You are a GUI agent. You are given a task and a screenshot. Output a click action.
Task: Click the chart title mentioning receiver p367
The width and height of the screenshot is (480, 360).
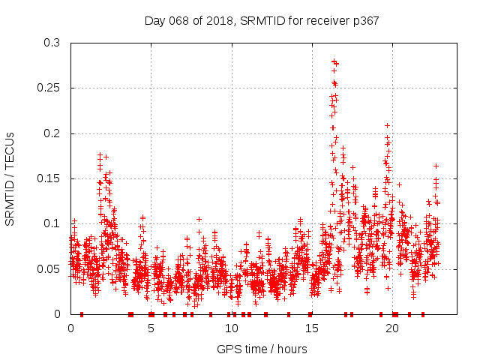pos(261,20)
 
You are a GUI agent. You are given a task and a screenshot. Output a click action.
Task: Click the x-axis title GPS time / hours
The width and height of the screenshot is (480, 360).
pos(261,349)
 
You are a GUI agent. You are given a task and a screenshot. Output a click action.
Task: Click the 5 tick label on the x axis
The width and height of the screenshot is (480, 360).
pos(151,328)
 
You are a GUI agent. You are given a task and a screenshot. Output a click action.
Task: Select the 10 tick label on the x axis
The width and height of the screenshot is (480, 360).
pos(231,328)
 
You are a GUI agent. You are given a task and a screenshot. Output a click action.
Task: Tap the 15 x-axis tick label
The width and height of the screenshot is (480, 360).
pos(311,328)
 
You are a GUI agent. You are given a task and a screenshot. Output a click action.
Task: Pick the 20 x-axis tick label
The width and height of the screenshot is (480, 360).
pos(391,328)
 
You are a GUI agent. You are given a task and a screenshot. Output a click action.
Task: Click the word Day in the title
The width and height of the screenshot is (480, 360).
pos(154,20)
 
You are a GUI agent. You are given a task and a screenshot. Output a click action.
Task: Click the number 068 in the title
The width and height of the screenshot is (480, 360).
pos(178,20)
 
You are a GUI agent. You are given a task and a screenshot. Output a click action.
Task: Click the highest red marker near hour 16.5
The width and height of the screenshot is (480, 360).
pos(333,61)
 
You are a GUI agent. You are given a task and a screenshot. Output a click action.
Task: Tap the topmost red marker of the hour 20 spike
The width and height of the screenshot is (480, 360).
pos(387,125)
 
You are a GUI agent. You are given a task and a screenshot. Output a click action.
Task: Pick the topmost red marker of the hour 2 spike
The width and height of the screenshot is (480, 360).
pos(100,154)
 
